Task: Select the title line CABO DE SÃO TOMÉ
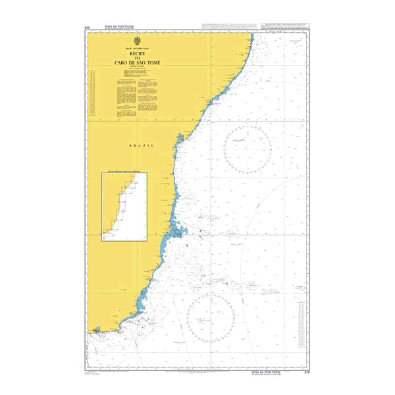(x=137, y=63)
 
